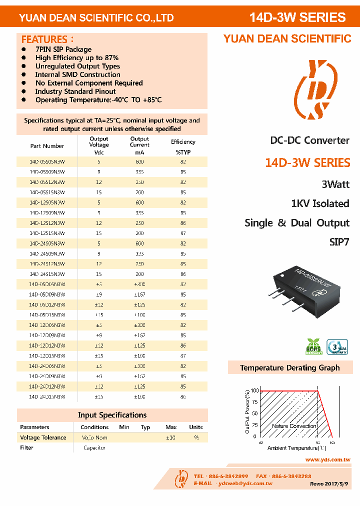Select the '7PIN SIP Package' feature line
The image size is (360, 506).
(63, 49)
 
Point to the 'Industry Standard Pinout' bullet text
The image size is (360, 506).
(75, 91)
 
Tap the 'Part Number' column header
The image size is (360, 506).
(47, 146)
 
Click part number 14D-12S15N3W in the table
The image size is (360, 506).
(47, 233)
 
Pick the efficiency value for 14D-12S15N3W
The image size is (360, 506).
(183, 233)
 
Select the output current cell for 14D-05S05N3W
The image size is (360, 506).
(139, 161)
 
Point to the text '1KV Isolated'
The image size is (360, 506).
(320, 203)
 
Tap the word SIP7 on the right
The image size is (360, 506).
(339, 242)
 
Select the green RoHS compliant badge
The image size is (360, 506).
(314, 346)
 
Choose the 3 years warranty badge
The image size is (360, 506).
(337, 346)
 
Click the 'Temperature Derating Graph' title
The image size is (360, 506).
(289, 368)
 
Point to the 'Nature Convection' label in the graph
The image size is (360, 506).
(294, 426)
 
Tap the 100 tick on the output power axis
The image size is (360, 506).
(254, 390)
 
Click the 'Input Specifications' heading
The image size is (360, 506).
(112, 415)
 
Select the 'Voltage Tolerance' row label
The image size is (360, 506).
(43, 437)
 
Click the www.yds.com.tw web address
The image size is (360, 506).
(327, 459)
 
